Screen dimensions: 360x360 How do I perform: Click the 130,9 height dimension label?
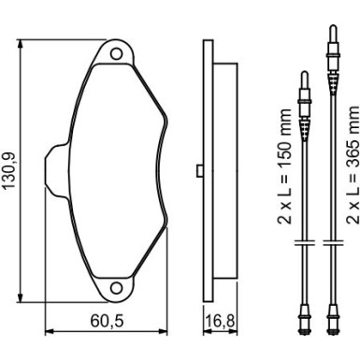tap(8, 171)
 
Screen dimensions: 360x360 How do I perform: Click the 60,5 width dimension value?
tap(107, 321)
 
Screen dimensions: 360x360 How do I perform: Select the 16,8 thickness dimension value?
tap(221, 321)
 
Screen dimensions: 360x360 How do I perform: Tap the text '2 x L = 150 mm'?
tap(284, 166)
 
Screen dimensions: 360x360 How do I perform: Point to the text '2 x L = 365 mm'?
tap(353, 165)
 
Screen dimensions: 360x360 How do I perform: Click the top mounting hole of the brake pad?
tap(116, 53)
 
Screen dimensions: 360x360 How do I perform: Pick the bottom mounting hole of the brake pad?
tap(116, 287)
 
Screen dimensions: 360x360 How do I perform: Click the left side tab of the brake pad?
tap(57, 171)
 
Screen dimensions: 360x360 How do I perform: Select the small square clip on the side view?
tap(200, 171)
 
